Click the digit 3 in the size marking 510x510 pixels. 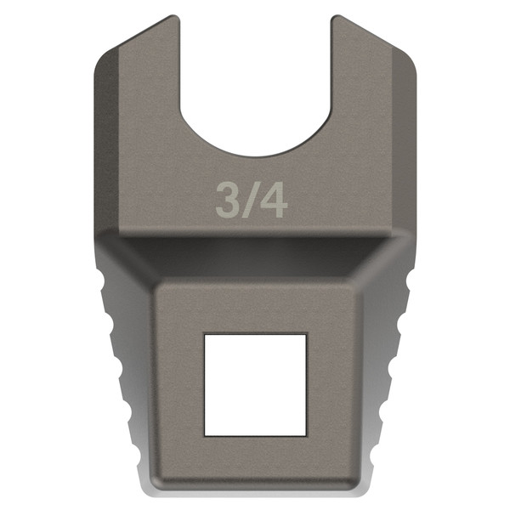click(x=226, y=200)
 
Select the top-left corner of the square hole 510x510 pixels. click(x=205, y=335)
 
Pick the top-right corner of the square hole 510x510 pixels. click(x=305, y=335)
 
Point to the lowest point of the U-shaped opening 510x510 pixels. click(x=255, y=156)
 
